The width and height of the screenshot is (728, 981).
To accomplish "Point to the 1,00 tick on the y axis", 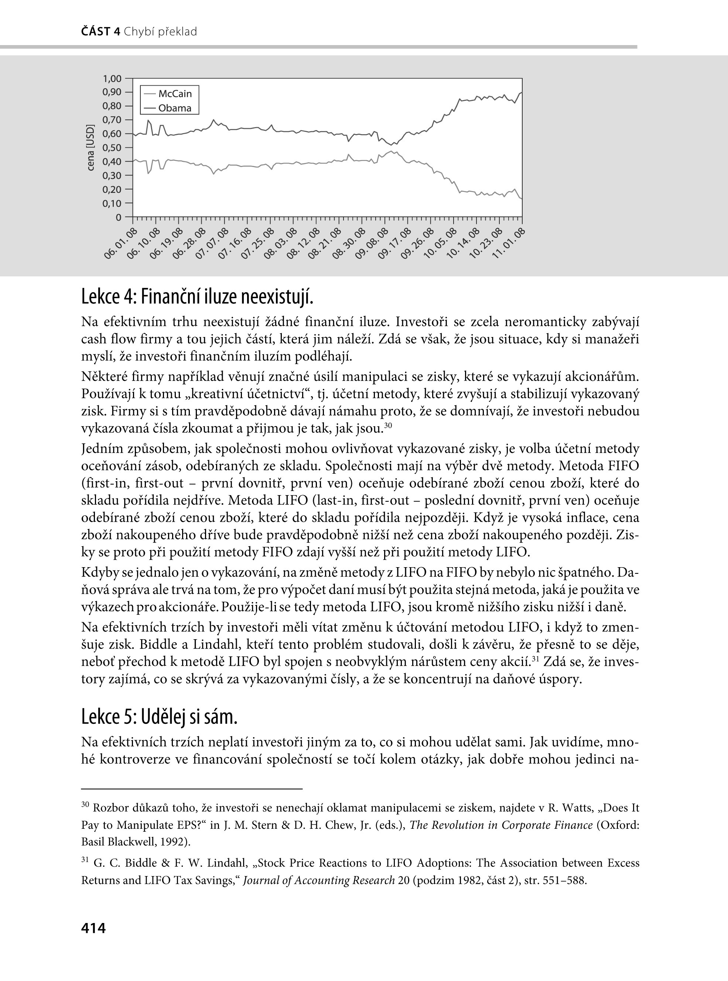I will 112,78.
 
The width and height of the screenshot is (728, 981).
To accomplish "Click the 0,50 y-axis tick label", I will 112,148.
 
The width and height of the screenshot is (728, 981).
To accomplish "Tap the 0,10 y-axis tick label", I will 112,203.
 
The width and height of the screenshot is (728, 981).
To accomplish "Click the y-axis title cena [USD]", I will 90,148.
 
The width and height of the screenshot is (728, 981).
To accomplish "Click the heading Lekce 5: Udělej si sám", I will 160,717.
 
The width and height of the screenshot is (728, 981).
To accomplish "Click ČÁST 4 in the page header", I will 101,32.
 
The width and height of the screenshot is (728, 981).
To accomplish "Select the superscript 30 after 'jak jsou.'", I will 388,425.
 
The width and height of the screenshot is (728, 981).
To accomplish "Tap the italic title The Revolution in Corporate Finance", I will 501,825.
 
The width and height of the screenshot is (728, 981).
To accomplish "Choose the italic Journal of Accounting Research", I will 319,881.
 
